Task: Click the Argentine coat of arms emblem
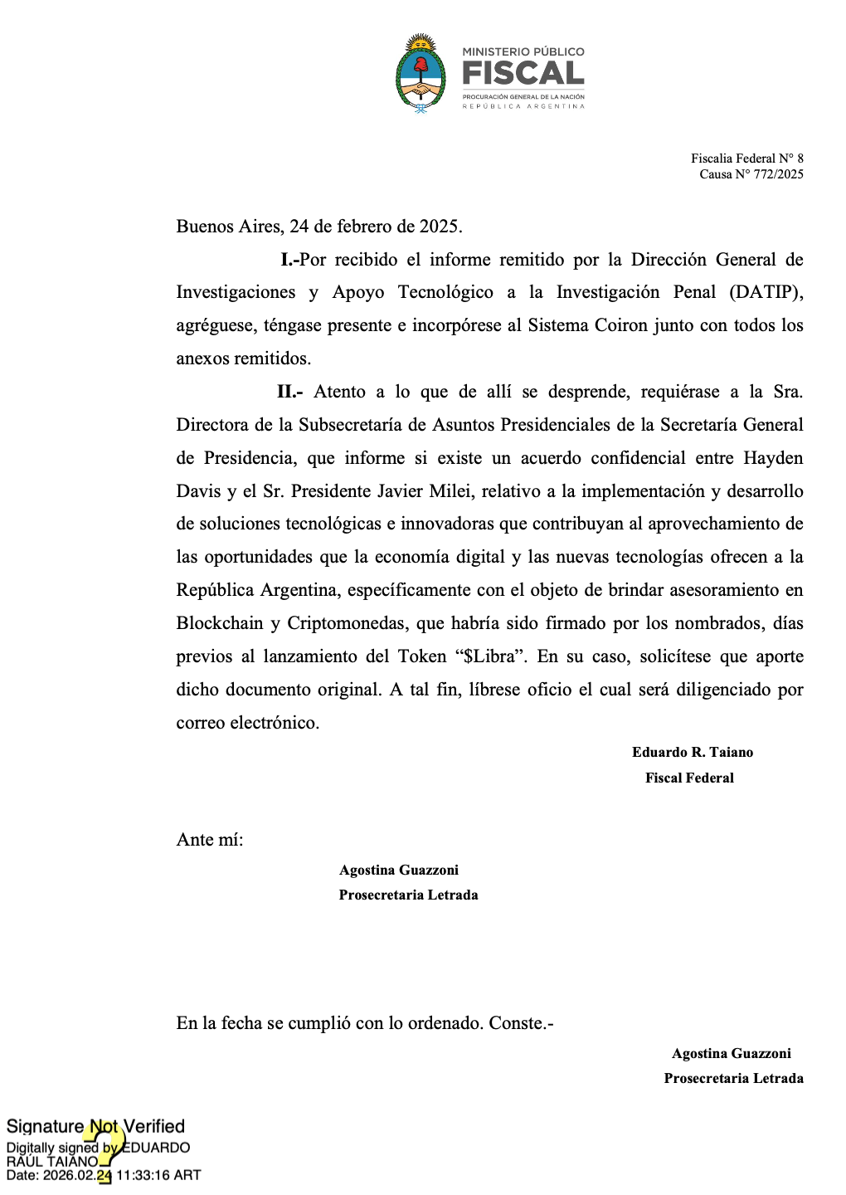pos(421,73)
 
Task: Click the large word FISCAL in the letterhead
pos(523,74)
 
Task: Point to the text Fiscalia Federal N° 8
pos(746,159)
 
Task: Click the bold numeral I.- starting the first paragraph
pos(289,260)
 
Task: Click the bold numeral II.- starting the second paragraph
pos(290,392)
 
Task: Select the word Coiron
pos(620,325)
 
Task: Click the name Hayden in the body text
pos(773,458)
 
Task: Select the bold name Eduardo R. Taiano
pos(693,753)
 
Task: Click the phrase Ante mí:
pos(210,840)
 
